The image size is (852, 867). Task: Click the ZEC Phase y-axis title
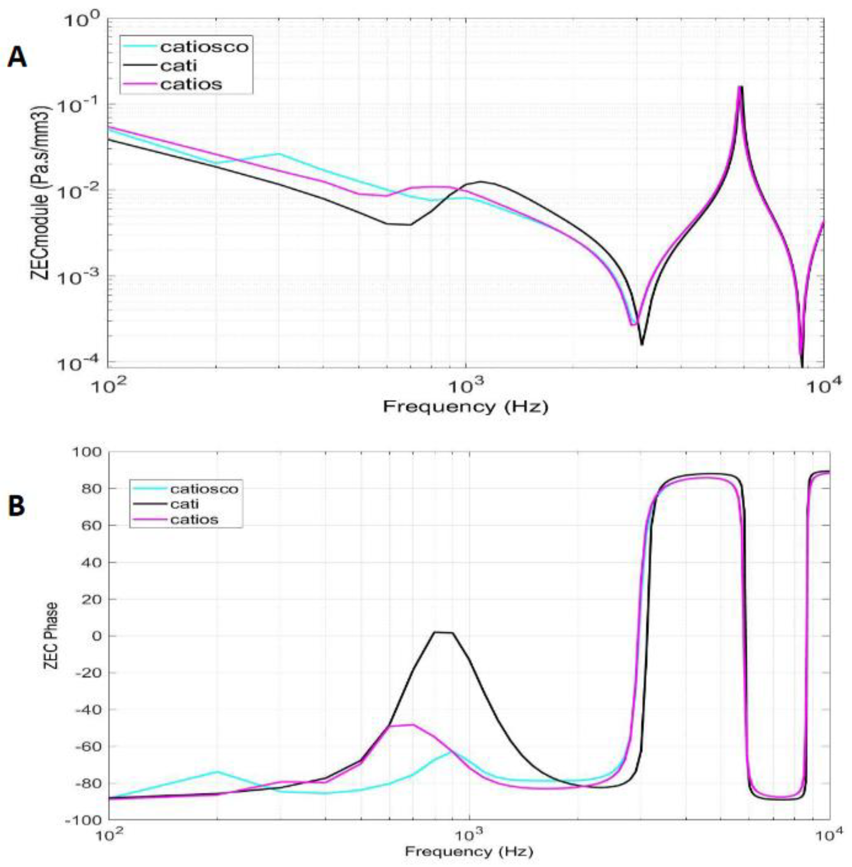51,636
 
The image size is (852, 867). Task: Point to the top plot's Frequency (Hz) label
465,407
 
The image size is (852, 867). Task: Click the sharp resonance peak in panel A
740,87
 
